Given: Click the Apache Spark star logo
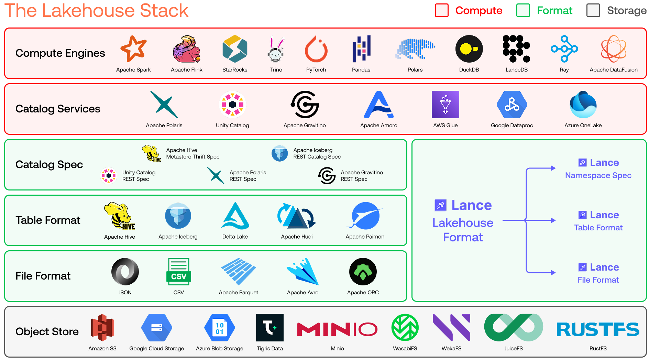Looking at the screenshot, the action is point(134,48).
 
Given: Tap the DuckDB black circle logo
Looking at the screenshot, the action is point(469,49).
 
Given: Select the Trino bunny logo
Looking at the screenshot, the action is point(276,49).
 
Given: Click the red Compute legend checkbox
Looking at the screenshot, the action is point(442,10).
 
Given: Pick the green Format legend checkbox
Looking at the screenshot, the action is point(523,10).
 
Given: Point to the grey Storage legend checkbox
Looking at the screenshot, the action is point(593,10).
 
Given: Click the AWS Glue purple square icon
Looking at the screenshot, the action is point(445,105).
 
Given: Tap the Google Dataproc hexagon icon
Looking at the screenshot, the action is point(512,105).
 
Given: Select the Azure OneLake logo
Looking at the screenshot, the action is point(583,105).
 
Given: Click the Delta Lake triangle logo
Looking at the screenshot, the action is point(235,216).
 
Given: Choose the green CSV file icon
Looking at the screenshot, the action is point(179,272).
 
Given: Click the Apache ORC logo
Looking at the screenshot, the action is point(363,272).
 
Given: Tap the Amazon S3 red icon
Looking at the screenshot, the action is point(102,327).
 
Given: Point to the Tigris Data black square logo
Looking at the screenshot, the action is point(270,327).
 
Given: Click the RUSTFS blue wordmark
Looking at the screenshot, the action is point(598,329).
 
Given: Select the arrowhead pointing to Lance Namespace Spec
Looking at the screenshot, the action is point(553,168).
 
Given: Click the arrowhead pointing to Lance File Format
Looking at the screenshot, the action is point(553,273).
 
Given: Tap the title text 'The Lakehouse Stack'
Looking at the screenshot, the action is point(97,11).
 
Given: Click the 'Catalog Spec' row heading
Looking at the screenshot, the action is point(49,164).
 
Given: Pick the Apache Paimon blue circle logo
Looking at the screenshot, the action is point(365,216).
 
